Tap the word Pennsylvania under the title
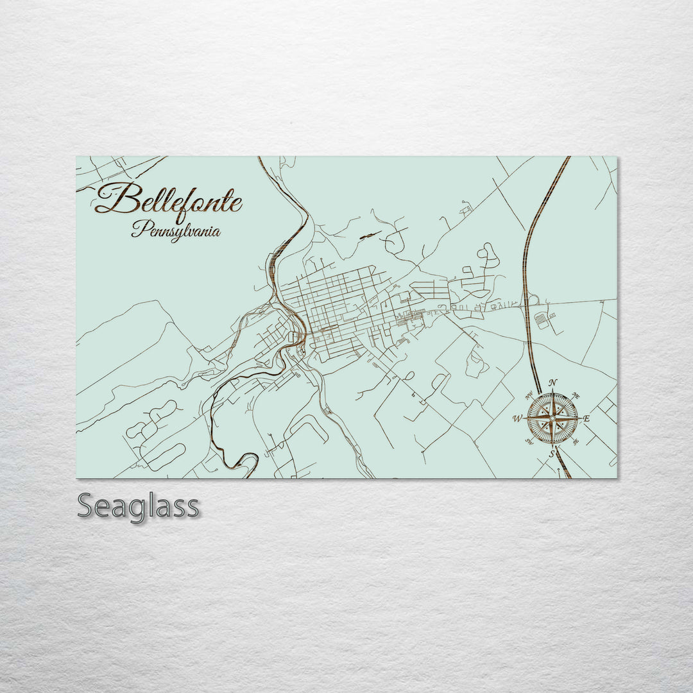coord(176,230)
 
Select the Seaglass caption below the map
coord(138,507)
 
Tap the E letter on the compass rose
coord(587,419)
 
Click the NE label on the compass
coord(576,396)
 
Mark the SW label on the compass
coord(529,441)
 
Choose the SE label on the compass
coord(576,441)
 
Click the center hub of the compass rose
coord(552,418)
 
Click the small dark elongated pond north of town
coord(370,235)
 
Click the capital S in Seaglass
coord(87,506)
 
